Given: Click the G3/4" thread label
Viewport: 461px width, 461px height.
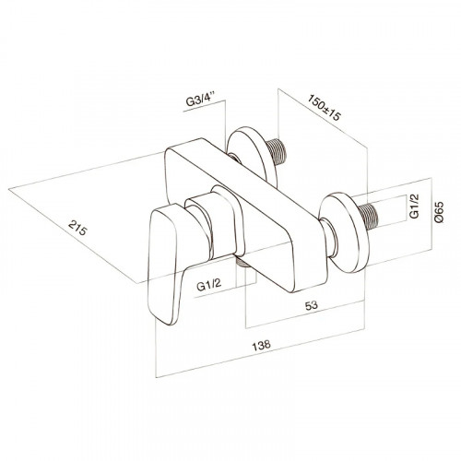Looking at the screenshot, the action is tap(201, 101).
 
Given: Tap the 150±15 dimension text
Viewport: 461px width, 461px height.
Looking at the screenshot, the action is tap(325, 108).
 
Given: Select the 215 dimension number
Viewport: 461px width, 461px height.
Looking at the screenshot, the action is tap(77, 228).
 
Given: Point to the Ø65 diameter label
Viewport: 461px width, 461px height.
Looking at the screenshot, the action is tap(439, 211).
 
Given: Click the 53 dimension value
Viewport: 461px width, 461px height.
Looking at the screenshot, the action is tap(311, 305).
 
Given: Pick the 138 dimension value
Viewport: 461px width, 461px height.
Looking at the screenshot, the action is tap(261, 345).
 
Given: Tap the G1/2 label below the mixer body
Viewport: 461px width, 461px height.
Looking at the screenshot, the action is tap(208, 285).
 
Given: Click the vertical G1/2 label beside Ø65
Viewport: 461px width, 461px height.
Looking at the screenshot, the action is tap(414, 207).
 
